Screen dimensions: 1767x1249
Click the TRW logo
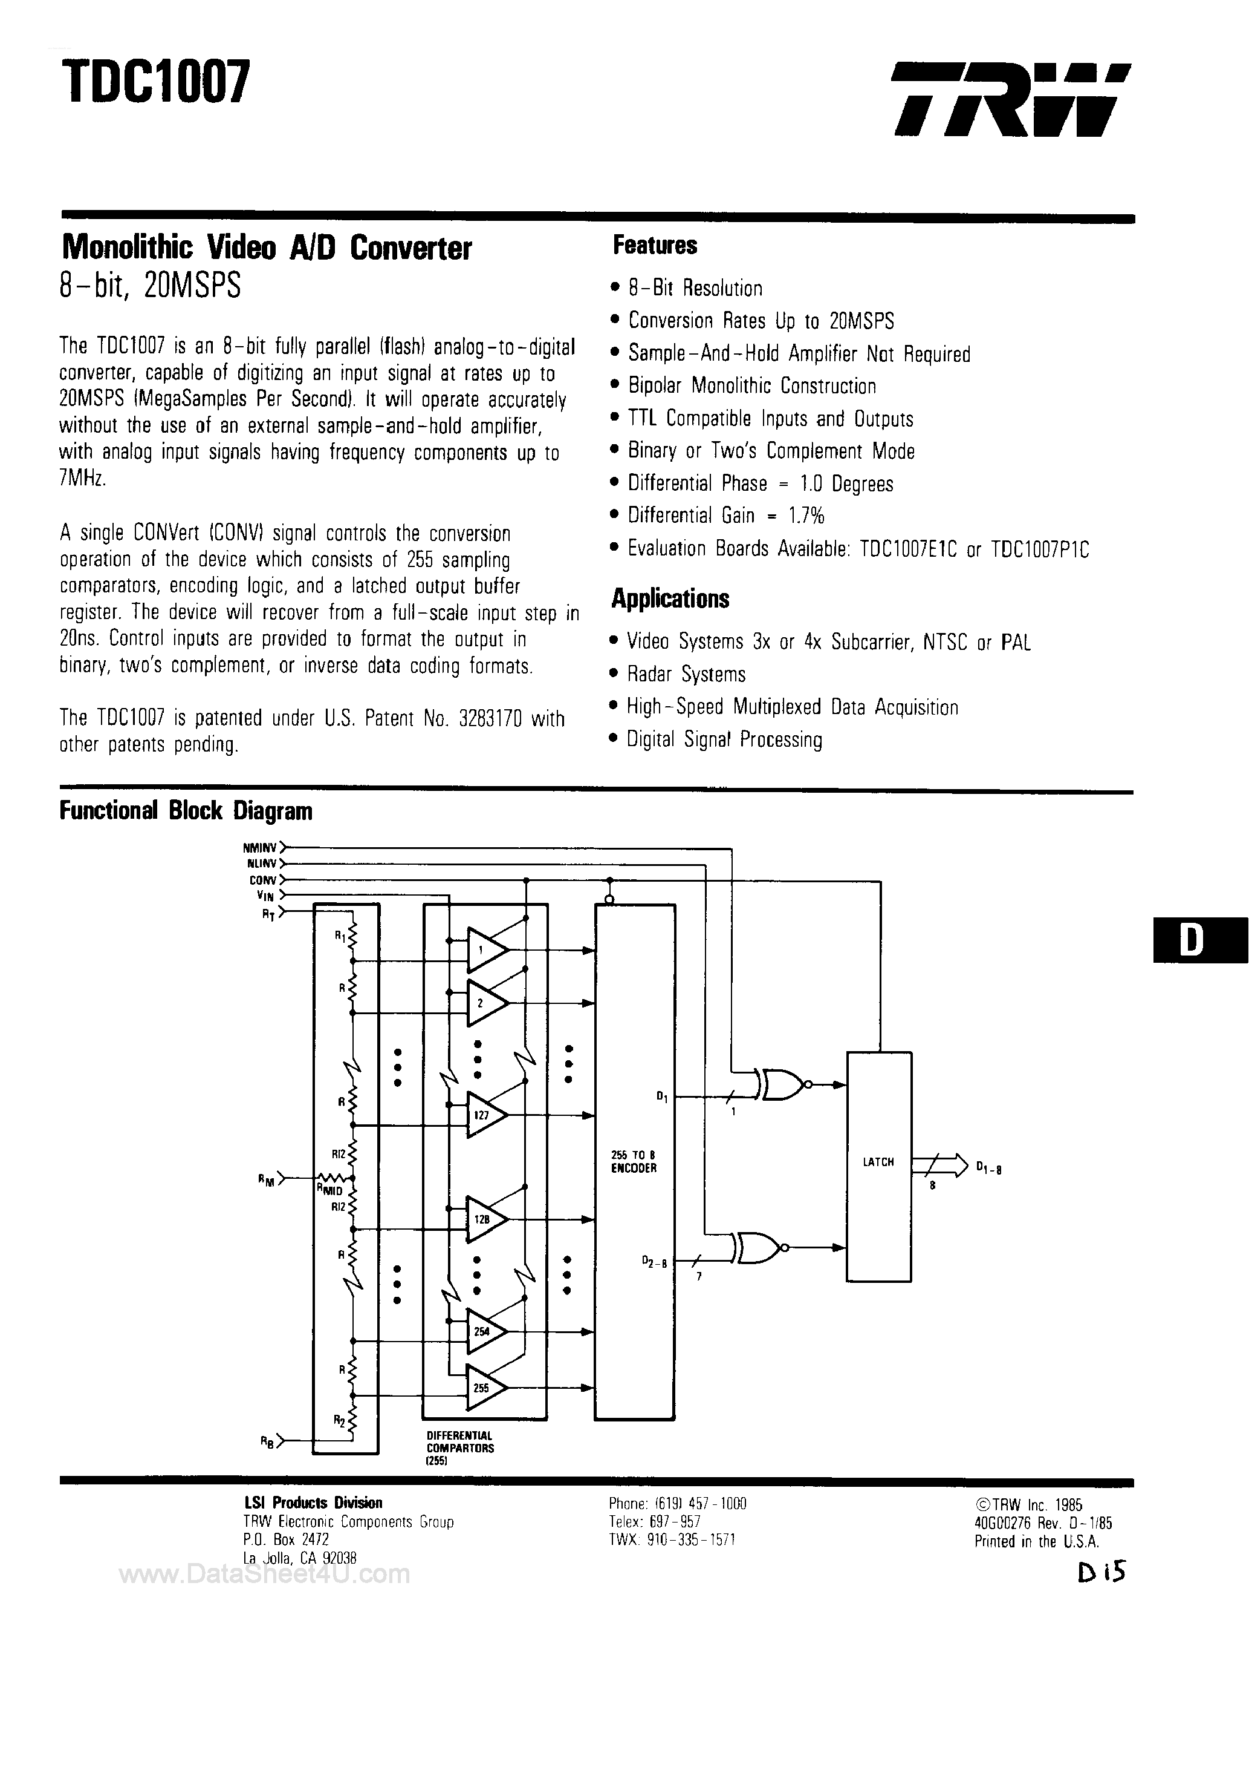click(1011, 100)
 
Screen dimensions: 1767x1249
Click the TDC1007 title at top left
click(155, 83)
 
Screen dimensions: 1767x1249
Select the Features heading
click(655, 246)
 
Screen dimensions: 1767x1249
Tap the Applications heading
click(670, 598)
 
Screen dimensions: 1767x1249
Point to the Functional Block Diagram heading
click(186, 810)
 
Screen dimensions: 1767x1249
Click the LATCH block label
click(878, 1162)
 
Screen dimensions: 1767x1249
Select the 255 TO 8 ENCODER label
click(634, 1161)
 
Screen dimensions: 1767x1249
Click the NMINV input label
click(259, 847)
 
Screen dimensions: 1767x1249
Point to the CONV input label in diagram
click(262, 880)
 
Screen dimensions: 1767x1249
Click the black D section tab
click(1200, 940)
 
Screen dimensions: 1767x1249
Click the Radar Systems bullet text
click(686, 675)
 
